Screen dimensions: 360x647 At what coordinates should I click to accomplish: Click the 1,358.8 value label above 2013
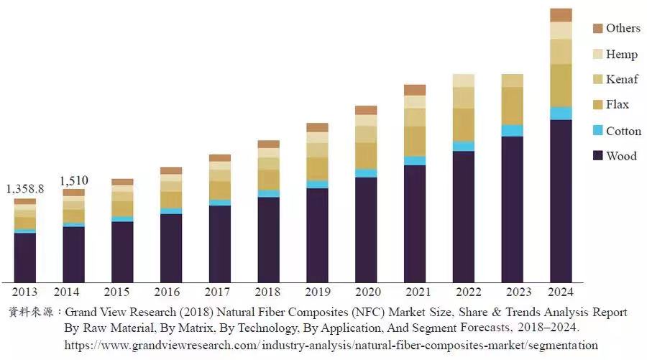[25, 189]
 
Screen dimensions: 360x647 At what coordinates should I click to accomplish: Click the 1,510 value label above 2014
[73, 180]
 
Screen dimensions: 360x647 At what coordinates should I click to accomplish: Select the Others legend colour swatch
[597, 28]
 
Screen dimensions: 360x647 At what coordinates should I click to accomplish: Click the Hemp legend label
[621, 54]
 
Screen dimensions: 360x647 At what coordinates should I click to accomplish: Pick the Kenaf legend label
[622, 79]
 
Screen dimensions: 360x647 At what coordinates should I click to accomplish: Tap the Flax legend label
[617, 105]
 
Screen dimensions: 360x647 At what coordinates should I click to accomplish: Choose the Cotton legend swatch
[597, 131]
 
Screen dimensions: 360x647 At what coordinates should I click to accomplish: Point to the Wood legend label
[621, 156]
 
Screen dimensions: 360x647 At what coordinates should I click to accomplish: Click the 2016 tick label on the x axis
[171, 292]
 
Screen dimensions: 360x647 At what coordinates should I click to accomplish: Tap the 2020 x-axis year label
[366, 292]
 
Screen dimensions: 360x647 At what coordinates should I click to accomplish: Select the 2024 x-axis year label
[561, 292]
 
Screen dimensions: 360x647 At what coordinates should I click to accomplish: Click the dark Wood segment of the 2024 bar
[561, 201]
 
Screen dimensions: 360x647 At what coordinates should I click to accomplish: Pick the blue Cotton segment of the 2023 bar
[512, 130]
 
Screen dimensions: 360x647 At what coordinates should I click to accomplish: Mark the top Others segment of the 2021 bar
[415, 90]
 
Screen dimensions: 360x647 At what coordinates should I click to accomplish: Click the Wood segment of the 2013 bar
[25, 257]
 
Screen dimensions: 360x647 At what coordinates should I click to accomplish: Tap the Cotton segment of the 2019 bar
[317, 184]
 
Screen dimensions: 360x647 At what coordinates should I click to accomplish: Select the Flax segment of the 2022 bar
[464, 124]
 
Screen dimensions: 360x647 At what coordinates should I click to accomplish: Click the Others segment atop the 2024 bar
[561, 15]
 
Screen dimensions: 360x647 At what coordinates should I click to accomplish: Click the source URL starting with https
[331, 345]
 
